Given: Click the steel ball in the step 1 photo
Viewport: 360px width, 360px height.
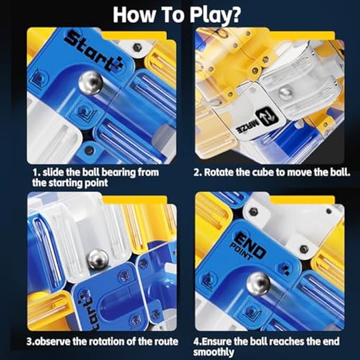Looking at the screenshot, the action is tap(91, 83).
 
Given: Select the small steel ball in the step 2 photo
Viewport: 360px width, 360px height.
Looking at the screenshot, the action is tap(285, 93).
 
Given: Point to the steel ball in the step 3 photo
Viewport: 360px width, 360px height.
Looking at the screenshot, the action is tap(98, 259).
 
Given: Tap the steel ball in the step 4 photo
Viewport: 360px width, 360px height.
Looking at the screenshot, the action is tap(258, 284).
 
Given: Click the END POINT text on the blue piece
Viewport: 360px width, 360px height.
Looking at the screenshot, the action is tap(248, 246).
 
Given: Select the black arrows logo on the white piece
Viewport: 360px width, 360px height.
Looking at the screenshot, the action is tap(267, 117).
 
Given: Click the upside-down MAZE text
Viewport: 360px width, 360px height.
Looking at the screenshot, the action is tap(248, 127).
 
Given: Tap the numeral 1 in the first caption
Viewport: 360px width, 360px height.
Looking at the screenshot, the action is tap(35, 173).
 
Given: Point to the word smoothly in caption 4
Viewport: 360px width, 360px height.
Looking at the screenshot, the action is tap(213, 353).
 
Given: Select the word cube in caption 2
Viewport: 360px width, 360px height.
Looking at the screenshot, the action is tap(263, 173).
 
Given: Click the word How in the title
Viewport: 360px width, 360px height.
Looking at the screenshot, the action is tap(134, 15).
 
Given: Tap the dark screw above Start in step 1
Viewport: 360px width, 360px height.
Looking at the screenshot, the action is tap(137, 47).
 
